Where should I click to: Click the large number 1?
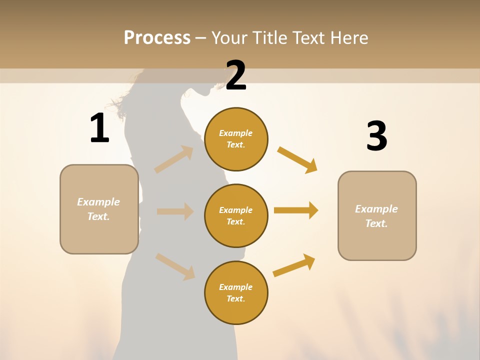99,128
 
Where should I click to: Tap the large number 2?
236,75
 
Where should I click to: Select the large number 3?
376,136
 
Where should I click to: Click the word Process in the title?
157,37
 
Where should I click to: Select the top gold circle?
236,139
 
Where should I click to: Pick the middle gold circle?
236,215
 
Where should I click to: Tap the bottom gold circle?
236,292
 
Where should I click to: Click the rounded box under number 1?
99,209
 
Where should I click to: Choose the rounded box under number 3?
377,215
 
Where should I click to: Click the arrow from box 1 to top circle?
174,159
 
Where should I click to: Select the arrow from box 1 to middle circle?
175,211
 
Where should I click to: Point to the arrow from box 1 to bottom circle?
175,266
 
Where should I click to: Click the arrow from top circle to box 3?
297,159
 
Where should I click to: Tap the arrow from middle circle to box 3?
296,210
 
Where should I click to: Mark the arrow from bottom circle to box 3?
294,265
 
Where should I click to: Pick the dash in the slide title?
201,38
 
